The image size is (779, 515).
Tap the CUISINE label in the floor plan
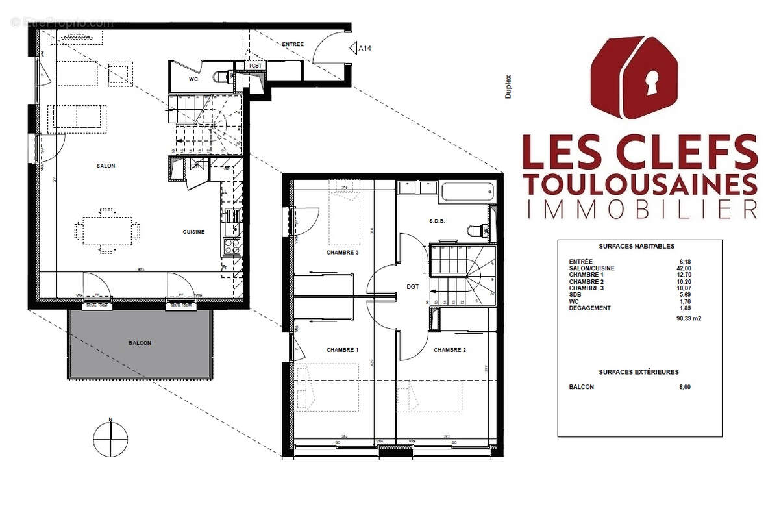pos(193,232)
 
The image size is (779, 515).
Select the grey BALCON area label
pos(139,343)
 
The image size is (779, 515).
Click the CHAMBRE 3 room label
pos(342,253)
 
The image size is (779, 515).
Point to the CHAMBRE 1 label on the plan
pos(342,350)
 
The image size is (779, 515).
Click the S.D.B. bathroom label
pos(438,221)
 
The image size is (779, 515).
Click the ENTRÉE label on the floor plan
pos(293,44)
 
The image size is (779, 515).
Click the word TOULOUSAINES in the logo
pos(639,184)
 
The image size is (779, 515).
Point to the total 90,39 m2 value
pos(671,319)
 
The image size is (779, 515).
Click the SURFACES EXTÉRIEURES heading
pos(639,372)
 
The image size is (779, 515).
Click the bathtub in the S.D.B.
pos(467,192)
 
